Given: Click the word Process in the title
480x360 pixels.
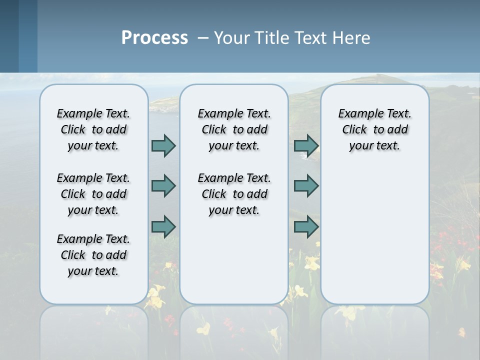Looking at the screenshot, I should pyautogui.click(x=154, y=37).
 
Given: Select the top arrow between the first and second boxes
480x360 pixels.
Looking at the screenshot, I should pyautogui.click(x=163, y=146).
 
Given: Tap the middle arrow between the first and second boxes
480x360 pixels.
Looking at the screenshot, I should pyautogui.click(x=163, y=186).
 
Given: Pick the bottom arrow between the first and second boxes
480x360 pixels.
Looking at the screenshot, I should pyautogui.click(x=163, y=227).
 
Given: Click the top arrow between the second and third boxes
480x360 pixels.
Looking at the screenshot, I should pyautogui.click(x=306, y=146).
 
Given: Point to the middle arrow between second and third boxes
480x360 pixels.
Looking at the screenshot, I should pyautogui.click(x=306, y=186).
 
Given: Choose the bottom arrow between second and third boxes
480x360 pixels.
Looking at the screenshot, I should pyautogui.click(x=306, y=227).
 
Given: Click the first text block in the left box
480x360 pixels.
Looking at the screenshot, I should pyautogui.click(x=93, y=129).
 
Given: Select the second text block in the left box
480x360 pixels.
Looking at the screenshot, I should pyautogui.click(x=93, y=194).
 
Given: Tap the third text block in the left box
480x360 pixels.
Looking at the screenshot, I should pyautogui.click(x=93, y=255).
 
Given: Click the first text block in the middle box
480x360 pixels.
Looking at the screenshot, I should pyautogui.click(x=234, y=129).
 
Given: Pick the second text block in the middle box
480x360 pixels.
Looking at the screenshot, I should pyautogui.click(x=234, y=194).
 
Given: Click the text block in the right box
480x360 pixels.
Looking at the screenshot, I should pyautogui.click(x=374, y=129).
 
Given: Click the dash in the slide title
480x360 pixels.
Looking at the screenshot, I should pyautogui.click(x=203, y=38).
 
